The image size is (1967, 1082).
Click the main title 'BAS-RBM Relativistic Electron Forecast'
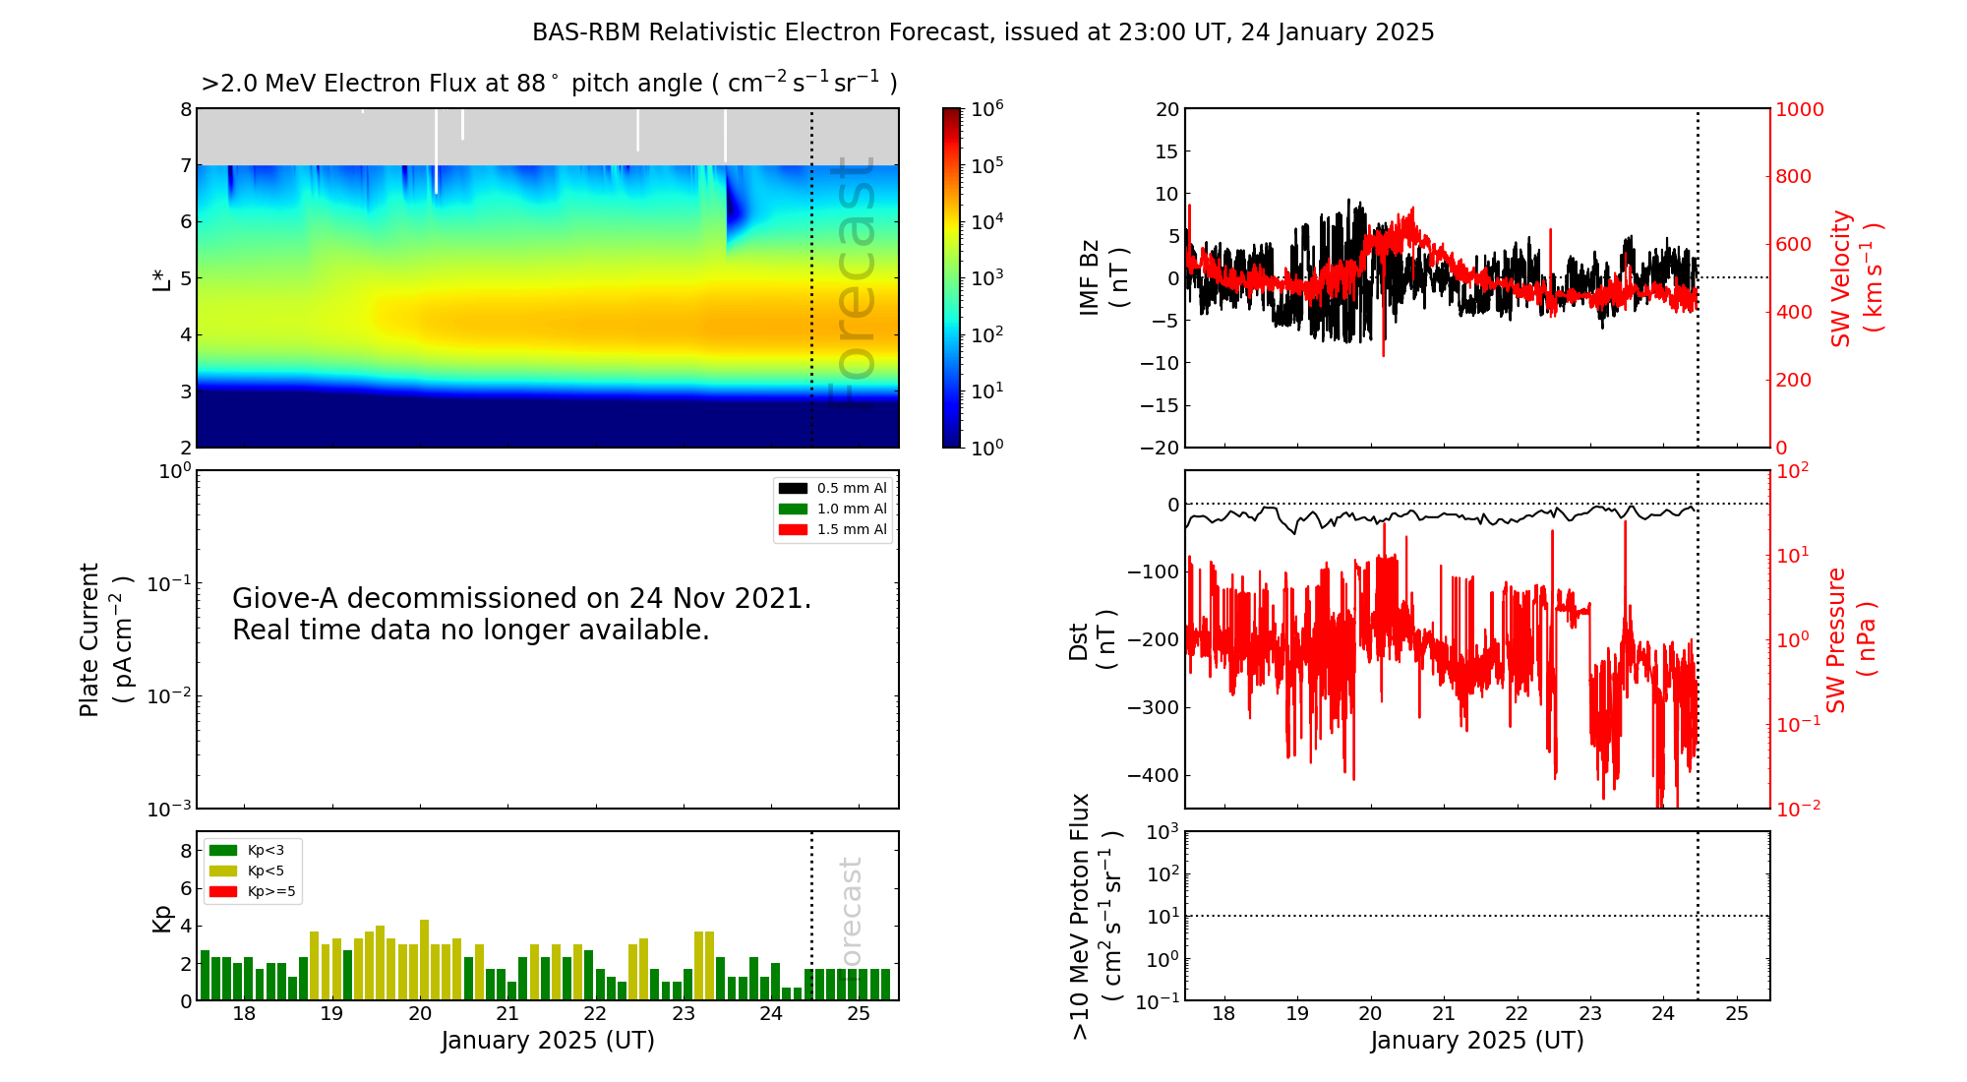coord(761,32)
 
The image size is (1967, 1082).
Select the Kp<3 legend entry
coord(247,850)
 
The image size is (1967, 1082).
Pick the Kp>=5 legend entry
coord(252,892)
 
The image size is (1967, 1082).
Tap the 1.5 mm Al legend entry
coord(832,529)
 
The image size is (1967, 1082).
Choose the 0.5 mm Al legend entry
coord(832,488)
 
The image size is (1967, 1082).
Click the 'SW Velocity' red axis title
coord(1841,278)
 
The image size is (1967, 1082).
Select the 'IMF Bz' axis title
coord(1090,277)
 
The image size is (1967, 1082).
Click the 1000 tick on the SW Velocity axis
coord(1799,109)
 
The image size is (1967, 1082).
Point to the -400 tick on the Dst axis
coord(1153,775)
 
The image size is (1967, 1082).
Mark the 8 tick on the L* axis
coord(186,109)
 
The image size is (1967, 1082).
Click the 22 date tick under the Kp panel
coord(595,1014)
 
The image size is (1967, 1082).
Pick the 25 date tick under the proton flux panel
coord(1737,1014)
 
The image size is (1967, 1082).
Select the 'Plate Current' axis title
coord(89,639)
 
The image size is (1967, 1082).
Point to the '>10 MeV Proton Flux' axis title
coord(1080,916)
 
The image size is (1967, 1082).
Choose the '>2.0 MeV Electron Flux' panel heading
coord(373,84)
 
